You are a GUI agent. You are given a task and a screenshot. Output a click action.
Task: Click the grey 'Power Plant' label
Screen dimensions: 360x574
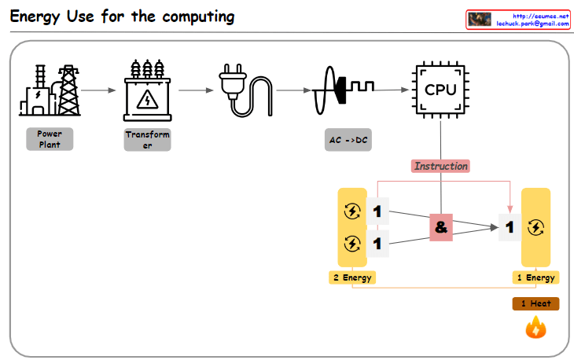(49, 139)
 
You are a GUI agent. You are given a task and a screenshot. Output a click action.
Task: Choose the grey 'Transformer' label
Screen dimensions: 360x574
(147, 140)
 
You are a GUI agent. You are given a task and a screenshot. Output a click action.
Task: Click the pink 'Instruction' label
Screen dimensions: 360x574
(440, 166)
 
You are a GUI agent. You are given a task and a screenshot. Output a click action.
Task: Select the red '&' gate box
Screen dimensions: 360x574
(440, 227)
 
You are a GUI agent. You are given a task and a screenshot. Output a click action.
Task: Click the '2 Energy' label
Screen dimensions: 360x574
(351, 277)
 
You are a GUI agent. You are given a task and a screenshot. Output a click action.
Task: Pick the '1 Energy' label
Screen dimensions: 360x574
(535, 277)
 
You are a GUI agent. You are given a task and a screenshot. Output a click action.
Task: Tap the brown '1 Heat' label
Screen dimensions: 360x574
(535, 303)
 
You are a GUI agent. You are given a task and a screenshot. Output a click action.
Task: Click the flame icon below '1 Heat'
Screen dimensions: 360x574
(535, 327)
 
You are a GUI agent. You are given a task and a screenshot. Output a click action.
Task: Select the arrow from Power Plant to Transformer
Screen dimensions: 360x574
(98, 90)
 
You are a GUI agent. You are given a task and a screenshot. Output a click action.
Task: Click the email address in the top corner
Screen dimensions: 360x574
(532, 24)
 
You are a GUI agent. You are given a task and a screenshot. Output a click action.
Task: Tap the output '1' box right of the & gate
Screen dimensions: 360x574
(510, 227)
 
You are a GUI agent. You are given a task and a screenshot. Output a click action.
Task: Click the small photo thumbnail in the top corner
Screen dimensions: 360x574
(480, 20)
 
